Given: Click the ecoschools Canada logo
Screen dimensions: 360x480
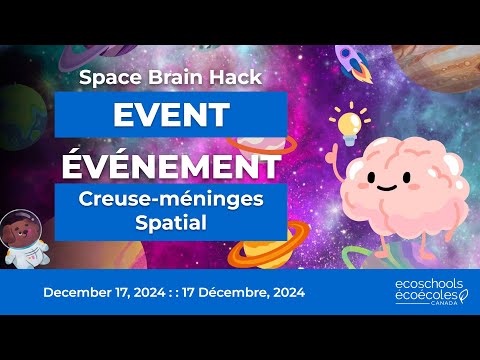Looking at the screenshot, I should click(427, 293).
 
